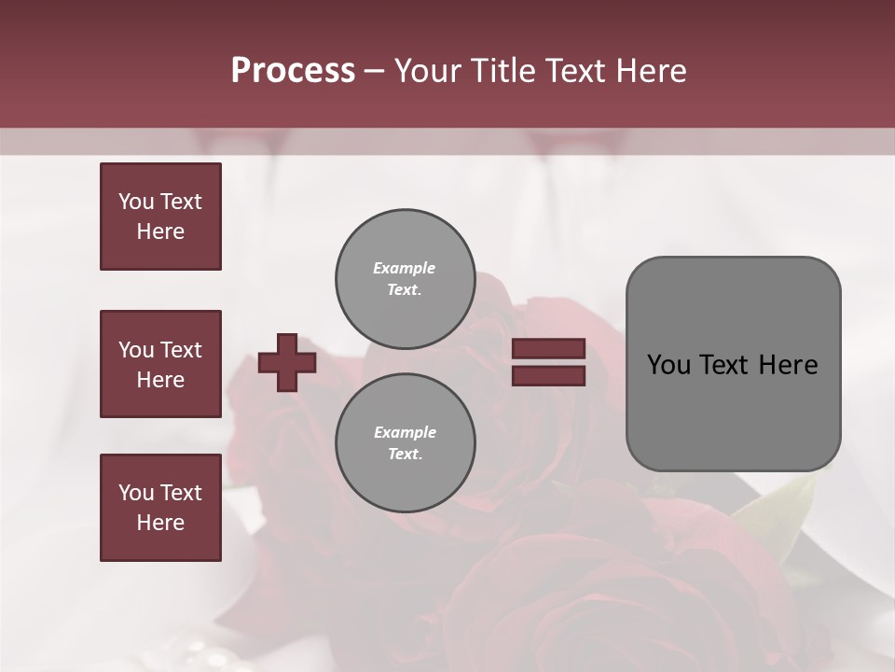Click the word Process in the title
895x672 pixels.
point(293,71)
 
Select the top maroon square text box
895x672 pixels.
point(160,217)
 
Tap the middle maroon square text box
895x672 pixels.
point(160,364)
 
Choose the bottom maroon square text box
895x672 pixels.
point(160,508)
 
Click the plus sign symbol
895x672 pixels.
point(287,363)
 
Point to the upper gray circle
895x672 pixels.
point(405,279)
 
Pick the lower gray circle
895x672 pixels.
point(405,443)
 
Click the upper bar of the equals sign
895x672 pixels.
point(548,349)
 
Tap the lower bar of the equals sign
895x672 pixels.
point(548,376)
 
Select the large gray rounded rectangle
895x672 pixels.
point(733,363)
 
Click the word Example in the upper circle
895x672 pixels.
point(404,268)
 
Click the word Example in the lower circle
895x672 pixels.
point(405,432)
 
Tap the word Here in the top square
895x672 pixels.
point(160,231)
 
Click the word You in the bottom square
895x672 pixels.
point(136,493)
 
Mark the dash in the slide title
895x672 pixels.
point(374,71)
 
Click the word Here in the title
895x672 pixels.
point(650,71)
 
